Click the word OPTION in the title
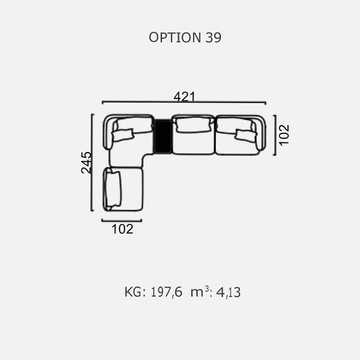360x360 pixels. click(x=175, y=37)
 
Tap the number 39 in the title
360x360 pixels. click(x=213, y=37)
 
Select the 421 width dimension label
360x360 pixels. click(x=184, y=96)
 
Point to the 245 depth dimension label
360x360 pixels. click(x=86, y=162)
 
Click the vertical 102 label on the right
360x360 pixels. click(x=284, y=135)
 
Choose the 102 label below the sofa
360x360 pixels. click(x=122, y=229)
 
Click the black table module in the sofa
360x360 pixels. click(x=162, y=136)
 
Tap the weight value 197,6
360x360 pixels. click(x=166, y=292)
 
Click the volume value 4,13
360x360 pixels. click(x=228, y=292)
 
